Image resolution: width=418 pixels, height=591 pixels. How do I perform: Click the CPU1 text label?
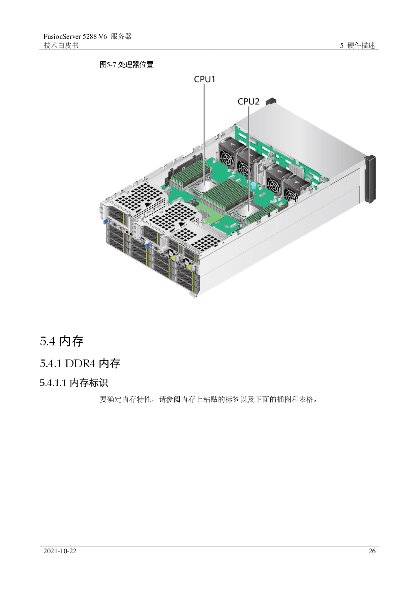204,79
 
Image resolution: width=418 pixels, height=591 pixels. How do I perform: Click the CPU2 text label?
248,101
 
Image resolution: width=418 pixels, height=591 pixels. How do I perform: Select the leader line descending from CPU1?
204,128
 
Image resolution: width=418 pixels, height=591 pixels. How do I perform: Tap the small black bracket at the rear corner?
271,101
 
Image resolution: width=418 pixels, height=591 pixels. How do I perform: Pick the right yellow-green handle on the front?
189,267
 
